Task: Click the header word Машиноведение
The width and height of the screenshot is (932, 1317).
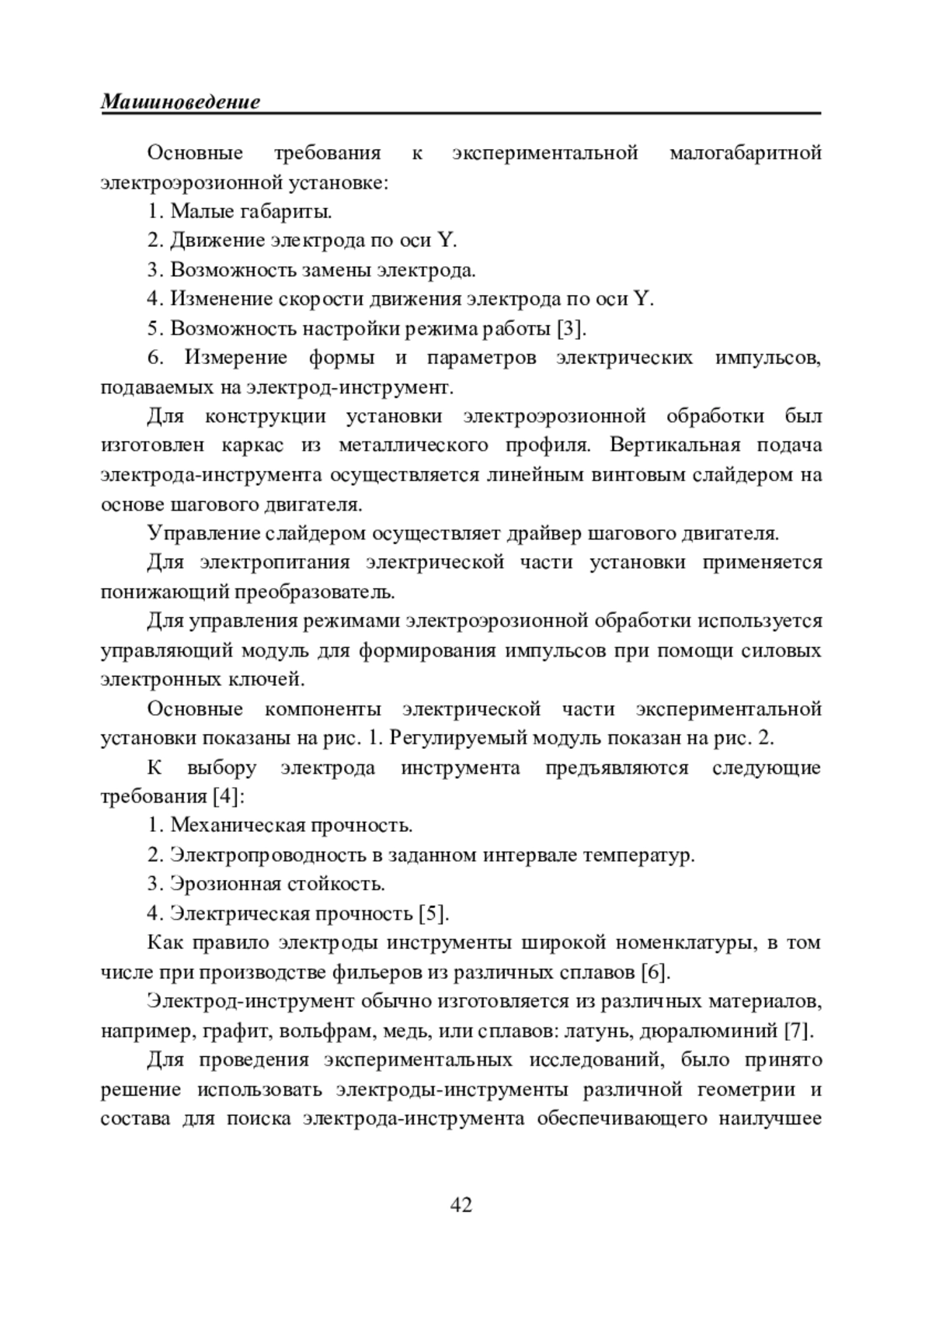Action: [180, 102]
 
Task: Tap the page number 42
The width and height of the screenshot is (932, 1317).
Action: [461, 1204]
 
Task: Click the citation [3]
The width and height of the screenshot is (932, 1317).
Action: [571, 329]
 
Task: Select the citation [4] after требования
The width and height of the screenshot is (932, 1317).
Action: [228, 797]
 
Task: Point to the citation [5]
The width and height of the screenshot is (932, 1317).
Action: [433, 913]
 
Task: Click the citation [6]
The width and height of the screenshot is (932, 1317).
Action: [656, 972]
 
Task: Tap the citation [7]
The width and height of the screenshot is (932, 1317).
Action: [798, 1031]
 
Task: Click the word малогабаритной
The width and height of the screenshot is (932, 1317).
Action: [745, 153]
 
